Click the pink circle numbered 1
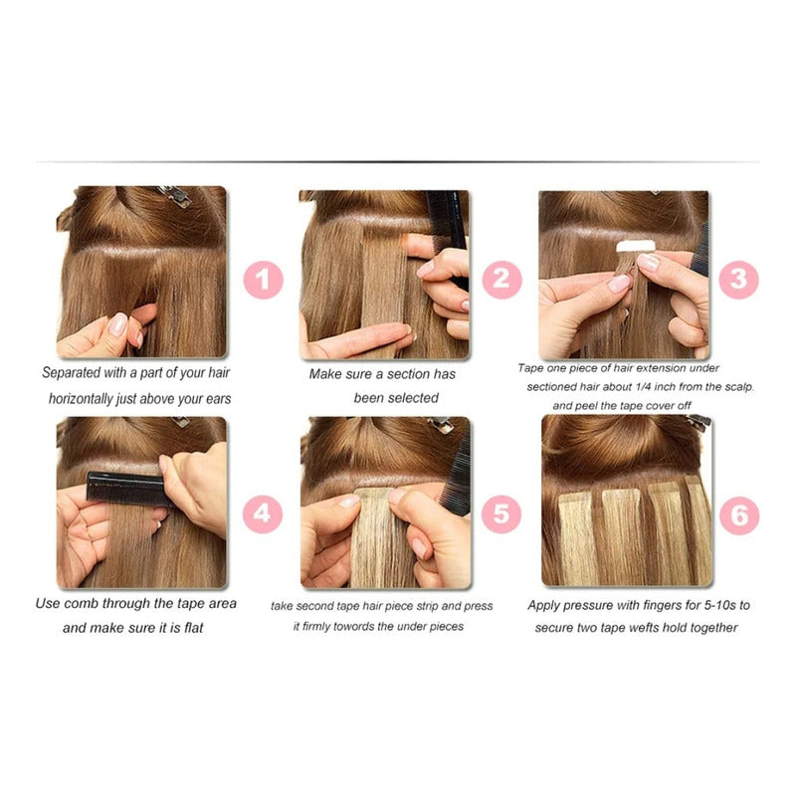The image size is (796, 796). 263,280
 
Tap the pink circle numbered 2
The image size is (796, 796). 501,280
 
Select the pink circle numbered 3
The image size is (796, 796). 737,280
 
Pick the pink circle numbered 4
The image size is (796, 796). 263,514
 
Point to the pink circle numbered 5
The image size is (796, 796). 501,514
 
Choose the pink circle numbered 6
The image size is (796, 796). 739,514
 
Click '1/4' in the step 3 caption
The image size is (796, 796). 644,386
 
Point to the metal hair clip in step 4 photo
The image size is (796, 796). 180,422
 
